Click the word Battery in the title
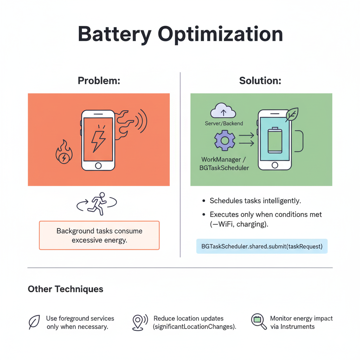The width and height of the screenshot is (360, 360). (114, 35)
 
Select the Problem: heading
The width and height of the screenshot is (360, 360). (99, 81)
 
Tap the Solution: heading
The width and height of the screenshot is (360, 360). (260, 81)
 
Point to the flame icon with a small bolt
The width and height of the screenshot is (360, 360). (64, 152)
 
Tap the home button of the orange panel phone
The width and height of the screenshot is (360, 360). (98, 166)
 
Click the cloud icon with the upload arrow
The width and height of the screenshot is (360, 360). (223, 110)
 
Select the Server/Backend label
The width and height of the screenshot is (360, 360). (224, 123)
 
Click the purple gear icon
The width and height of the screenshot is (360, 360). (225, 140)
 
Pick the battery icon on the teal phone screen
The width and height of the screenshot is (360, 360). (275, 140)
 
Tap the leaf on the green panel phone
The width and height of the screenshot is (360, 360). (292, 115)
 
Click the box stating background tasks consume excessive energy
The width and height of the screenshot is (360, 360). (99, 235)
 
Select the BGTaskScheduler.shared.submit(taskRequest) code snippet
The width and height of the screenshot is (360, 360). (262, 246)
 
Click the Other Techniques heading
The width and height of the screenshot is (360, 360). (65, 289)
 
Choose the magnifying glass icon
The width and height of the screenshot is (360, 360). (259, 321)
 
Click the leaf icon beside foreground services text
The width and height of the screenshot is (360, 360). (34, 322)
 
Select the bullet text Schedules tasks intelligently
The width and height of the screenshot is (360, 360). (255, 201)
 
